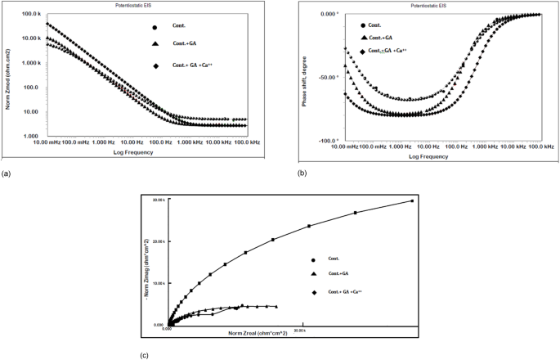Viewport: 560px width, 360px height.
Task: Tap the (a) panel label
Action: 7,174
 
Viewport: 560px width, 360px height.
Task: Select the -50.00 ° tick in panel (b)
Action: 326,78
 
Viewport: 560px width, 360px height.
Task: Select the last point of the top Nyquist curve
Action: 412,200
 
